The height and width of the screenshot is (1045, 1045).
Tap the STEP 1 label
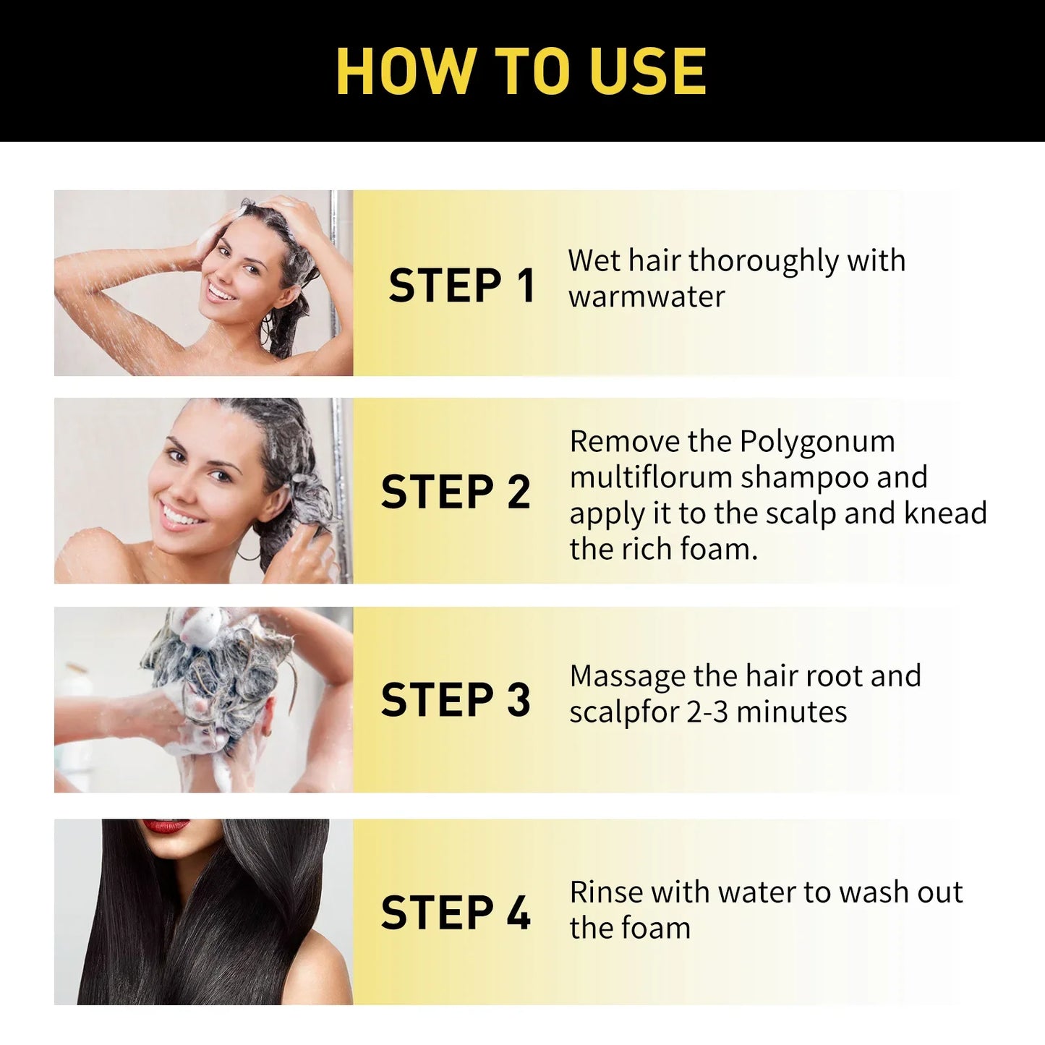[461, 285]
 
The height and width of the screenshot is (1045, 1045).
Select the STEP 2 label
[456, 492]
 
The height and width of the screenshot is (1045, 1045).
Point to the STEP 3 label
[456, 700]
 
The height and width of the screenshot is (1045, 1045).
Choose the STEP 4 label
[456, 913]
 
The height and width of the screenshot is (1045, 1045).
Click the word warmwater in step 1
[647, 297]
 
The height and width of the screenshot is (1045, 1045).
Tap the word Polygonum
[817, 442]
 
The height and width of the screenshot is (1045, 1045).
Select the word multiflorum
[651, 478]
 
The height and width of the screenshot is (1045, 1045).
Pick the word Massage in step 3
[627, 677]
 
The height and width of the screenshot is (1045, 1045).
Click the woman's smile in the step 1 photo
[221, 291]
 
